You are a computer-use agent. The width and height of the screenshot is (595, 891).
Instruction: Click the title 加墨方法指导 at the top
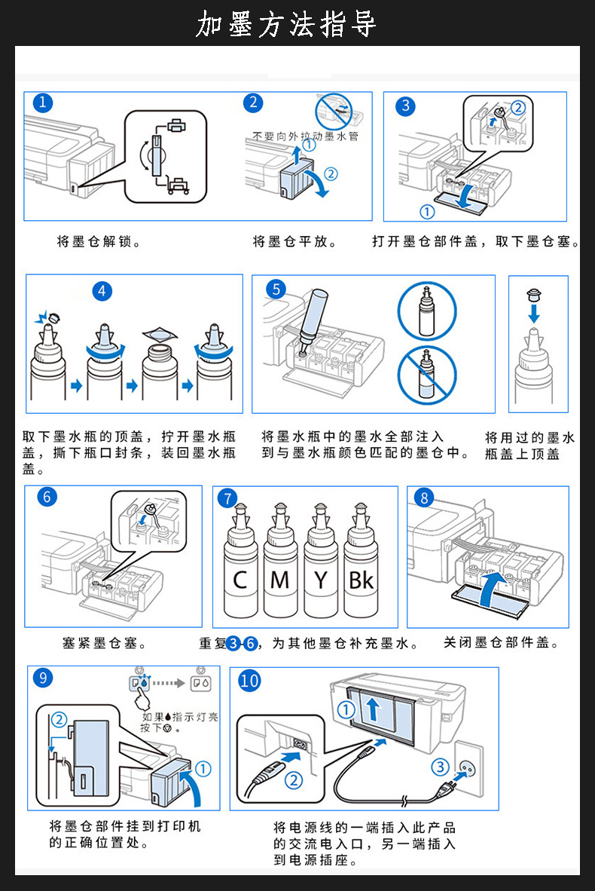tap(285, 24)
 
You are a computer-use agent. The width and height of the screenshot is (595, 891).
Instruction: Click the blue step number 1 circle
tap(43, 103)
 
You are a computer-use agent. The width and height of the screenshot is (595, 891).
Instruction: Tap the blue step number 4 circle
tap(102, 292)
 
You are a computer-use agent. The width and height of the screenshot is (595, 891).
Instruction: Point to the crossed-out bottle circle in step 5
tap(427, 375)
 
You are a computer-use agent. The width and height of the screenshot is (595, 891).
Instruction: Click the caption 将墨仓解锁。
tap(99, 241)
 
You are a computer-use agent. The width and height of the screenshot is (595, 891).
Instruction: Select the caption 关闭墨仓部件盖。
tap(502, 643)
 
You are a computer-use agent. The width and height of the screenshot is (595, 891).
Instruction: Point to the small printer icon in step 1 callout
tap(176, 126)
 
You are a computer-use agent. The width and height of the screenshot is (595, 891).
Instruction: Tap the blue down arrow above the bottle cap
tap(534, 313)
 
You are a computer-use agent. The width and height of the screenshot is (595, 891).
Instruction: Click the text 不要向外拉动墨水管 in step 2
tap(306, 136)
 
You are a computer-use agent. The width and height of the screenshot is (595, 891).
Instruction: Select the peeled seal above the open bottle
tap(160, 333)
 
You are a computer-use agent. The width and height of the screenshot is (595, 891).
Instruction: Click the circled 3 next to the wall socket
tap(440, 767)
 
